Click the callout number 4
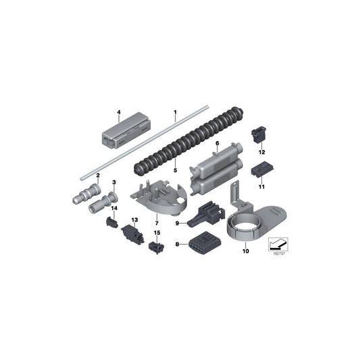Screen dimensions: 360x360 pos(119,112)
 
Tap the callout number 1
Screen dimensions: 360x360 pos(176,112)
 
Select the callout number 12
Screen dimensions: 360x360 pos(262,152)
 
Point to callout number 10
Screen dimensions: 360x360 pos(246,251)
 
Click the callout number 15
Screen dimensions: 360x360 pos(157,233)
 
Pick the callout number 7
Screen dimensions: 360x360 pos(157,223)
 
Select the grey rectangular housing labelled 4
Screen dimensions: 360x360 pos(126,130)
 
